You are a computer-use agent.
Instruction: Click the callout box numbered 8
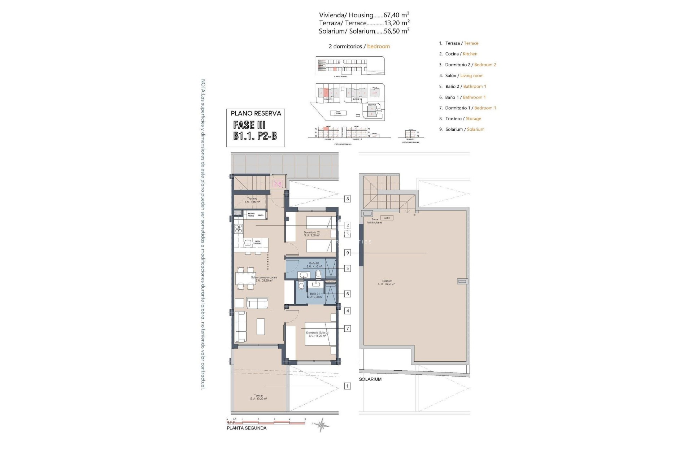click(347, 199)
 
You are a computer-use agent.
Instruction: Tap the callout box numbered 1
click(347, 386)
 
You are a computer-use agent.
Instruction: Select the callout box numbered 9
click(347, 253)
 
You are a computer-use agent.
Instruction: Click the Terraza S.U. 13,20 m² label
click(258, 397)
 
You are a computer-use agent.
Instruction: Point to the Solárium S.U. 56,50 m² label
click(387, 282)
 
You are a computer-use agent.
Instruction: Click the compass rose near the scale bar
click(321, 425)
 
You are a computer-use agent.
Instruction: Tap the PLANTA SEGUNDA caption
click(247, 428)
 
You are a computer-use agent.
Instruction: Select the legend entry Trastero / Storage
click(460, 118)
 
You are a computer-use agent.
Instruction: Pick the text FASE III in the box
click(249, 125)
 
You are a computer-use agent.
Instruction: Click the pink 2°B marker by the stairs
click(278, 184)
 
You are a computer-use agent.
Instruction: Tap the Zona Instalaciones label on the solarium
click(374, 221)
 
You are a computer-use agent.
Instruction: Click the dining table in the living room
click(245, 278)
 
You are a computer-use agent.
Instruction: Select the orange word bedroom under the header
click(378, 46)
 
